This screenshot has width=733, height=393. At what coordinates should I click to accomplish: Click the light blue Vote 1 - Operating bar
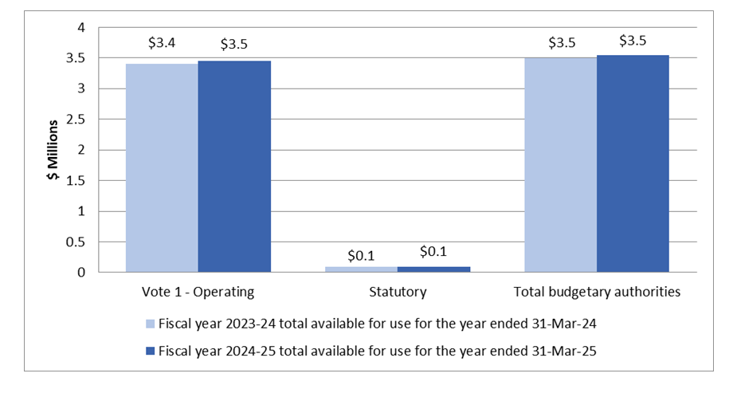[x=162, y=167]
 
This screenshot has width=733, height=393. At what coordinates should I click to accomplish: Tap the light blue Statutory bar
[x=361, y=269]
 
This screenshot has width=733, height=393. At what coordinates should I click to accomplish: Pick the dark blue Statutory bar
[x=433, y=269]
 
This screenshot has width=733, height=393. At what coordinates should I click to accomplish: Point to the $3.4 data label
[x=162, y=43]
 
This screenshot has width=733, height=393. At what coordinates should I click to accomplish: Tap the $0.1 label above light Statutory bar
[x=361, y=256]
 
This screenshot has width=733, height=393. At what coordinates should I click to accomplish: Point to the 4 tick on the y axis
[x=80, y=27]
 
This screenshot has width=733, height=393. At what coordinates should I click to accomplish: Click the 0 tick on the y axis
[x=80, y=273]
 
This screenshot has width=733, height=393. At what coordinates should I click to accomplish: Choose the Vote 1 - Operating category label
[x=198, y=292]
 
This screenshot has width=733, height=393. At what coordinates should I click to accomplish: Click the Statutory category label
[x=397, y=292]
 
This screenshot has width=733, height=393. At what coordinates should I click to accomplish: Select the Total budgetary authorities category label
[x=596, y=292]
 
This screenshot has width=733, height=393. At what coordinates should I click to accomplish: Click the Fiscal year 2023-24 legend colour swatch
[x=150, y=324]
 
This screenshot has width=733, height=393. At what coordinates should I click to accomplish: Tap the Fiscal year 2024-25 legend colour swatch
[x=150, y=352]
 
